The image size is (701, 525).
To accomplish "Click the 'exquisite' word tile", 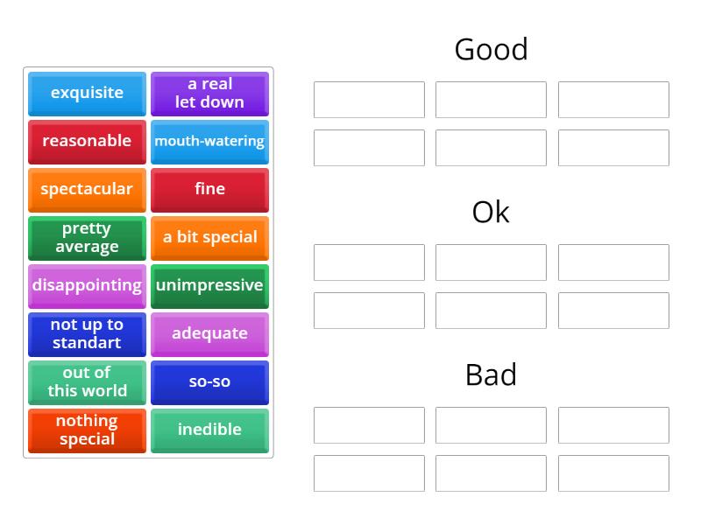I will coord(87,93).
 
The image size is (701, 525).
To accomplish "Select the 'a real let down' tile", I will coord(209,93).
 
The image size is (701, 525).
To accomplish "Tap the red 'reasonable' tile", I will coord(87,141).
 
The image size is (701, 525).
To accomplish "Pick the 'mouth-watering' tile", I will coord(209,141).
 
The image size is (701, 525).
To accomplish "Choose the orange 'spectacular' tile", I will coord(87,189).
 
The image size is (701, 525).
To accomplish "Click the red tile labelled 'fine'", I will coord(209,189).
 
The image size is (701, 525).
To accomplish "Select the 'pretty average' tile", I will coord(87,237).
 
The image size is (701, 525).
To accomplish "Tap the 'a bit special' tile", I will coord(209,237).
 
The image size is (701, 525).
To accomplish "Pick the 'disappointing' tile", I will coord(87,285).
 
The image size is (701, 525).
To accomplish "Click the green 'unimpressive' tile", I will coord(209,285).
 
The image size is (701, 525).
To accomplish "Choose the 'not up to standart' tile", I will coord(87,333).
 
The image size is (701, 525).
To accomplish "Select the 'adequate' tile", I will coord(209,333).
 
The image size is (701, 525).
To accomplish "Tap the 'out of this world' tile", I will coord(87,381).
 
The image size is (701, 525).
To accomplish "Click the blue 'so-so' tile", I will coord(209,381).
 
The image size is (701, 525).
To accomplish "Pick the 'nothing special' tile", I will coord(87,430).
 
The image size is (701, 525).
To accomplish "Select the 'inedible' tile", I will coord(209,430).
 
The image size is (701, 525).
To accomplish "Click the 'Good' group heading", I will coord(491,49).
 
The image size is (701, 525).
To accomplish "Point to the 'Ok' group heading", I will coord(491,212).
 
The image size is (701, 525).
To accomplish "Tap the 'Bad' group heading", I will coord(491,374).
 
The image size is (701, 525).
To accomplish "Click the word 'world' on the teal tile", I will coord(106,391).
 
